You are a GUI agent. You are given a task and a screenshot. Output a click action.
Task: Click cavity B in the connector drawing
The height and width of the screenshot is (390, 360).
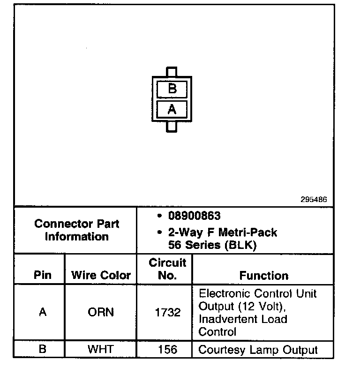[172, 89]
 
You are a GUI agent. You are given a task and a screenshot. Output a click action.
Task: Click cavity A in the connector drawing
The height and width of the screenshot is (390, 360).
[172, 109]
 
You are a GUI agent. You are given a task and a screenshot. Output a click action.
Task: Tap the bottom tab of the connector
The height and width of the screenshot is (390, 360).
[172, 127]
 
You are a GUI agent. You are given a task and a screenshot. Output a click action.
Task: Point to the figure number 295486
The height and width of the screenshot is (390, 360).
[314, 199]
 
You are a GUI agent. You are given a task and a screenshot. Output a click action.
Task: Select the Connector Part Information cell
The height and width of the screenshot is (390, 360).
[76, 230]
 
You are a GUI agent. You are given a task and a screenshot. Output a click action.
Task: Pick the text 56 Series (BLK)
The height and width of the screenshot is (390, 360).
[212, 245]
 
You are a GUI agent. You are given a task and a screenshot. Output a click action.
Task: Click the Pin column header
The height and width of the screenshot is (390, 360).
[43, 275]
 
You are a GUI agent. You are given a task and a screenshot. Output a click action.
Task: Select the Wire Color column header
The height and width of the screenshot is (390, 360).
[101, 275]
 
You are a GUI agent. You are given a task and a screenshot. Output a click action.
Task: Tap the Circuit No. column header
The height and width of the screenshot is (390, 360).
[167, 269]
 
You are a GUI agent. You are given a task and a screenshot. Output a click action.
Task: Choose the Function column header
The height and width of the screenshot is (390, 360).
[263, 275]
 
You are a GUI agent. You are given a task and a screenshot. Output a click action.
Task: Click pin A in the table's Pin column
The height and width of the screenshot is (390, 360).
[43, 312]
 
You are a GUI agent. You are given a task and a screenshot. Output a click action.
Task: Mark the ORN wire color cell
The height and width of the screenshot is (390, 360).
[101, 312]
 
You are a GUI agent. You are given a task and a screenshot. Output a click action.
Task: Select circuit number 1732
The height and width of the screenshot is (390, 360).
[167, 312]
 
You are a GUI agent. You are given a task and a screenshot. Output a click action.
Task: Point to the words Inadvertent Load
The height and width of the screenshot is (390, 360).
[243, 319]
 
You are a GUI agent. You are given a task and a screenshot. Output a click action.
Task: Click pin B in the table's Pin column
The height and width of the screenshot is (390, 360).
[43, 349]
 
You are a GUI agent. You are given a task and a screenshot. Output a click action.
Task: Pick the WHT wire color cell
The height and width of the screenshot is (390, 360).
[101, 349]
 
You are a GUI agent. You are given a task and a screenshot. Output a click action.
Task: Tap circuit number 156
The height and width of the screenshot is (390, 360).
[167, 349]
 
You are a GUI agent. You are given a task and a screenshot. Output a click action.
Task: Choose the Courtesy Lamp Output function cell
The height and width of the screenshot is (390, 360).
[258, 349]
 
